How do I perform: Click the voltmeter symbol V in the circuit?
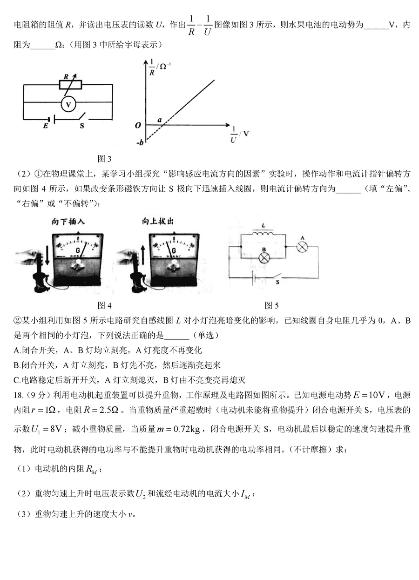click(68, 105)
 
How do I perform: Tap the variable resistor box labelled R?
click(70, 85)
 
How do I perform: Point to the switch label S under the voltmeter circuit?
click(82, 126)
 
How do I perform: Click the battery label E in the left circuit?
click(46, 126)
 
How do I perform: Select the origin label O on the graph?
click(138, 125)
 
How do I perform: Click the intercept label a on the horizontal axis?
click(160, 120)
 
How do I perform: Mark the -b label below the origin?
click(140, 142)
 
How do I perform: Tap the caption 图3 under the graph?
click(104, 159)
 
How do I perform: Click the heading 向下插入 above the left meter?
click(68, 222)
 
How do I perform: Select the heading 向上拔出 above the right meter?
click(158, 222)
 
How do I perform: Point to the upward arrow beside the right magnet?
click(142, 255)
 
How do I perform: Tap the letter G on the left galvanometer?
click(77, 250)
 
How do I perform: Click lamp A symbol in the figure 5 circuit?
click(302, 247)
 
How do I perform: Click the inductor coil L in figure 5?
click(263, 234)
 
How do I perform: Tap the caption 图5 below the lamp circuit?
click(271, 305)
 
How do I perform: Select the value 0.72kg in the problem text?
click(186, 430)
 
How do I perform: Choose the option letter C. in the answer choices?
click(17, 380)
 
